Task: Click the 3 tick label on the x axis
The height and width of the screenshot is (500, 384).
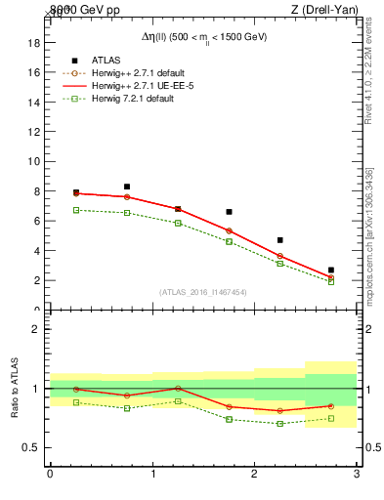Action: coord(357,475)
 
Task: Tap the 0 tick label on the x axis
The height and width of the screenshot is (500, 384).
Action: coord(50,475)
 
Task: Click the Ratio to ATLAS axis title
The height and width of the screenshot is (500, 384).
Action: coord(14,389)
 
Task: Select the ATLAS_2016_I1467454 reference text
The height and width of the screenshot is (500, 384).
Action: coord(203,292)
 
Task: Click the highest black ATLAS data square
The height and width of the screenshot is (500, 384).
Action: coord(127,187)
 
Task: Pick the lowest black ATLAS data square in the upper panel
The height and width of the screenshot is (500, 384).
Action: coord(331,270)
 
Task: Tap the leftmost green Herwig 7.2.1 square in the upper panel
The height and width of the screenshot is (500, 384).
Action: coord(76,210)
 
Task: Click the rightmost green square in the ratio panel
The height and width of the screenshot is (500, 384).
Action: coord(331,419)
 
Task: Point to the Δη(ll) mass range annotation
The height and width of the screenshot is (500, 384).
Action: coord(203,37)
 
